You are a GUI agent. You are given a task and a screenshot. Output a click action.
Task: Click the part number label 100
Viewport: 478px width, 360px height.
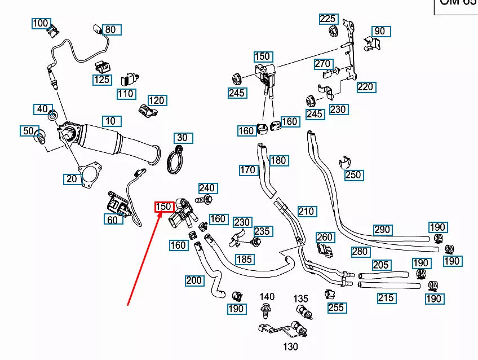pyautogui.click(x=40, y=23)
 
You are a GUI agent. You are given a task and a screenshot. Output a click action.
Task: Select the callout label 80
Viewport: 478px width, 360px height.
pyautogui.click(x=110, y=29)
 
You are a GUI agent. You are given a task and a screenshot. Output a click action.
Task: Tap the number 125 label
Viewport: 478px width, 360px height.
pyautogui.click(x=102, y=80)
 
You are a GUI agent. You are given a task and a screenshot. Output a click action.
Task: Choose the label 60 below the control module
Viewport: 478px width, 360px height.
pyautogui.click(x=113, y=219)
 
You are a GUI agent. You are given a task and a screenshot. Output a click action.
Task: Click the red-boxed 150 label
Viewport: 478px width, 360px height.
pyautogui.click(x=163, y=207)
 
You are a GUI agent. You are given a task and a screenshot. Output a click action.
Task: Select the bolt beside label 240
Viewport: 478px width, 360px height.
pyautogui.click(x=203, y=199)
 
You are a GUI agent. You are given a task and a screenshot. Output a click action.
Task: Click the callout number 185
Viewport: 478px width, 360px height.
pyautogui.click(x=244, y=260)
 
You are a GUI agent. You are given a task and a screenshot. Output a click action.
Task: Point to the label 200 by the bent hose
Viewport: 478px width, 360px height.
pyautogui.click(x=194, y=280)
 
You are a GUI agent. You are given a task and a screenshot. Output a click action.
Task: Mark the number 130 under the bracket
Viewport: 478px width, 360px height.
pyautogui.click(x=290, y=346)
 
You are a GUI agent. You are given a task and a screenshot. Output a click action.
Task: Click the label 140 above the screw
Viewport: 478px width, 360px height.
pyautogui.click(x=267, y=296)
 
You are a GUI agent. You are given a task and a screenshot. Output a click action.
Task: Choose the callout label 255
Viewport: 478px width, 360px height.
pyautogui.click(x=336, y=308)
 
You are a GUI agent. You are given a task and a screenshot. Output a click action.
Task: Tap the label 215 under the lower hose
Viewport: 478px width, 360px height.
pyautogui.click(x=386, y=298)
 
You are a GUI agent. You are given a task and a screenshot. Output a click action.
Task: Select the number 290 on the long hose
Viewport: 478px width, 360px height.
pyautogui.click(x=383, y=230)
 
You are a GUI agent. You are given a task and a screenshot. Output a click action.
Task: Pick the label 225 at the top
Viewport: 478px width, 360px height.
pyautogui.click(x=328, y=19)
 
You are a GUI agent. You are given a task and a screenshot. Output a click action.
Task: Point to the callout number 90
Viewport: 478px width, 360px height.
pyautogui.click(x=380, y=31)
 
